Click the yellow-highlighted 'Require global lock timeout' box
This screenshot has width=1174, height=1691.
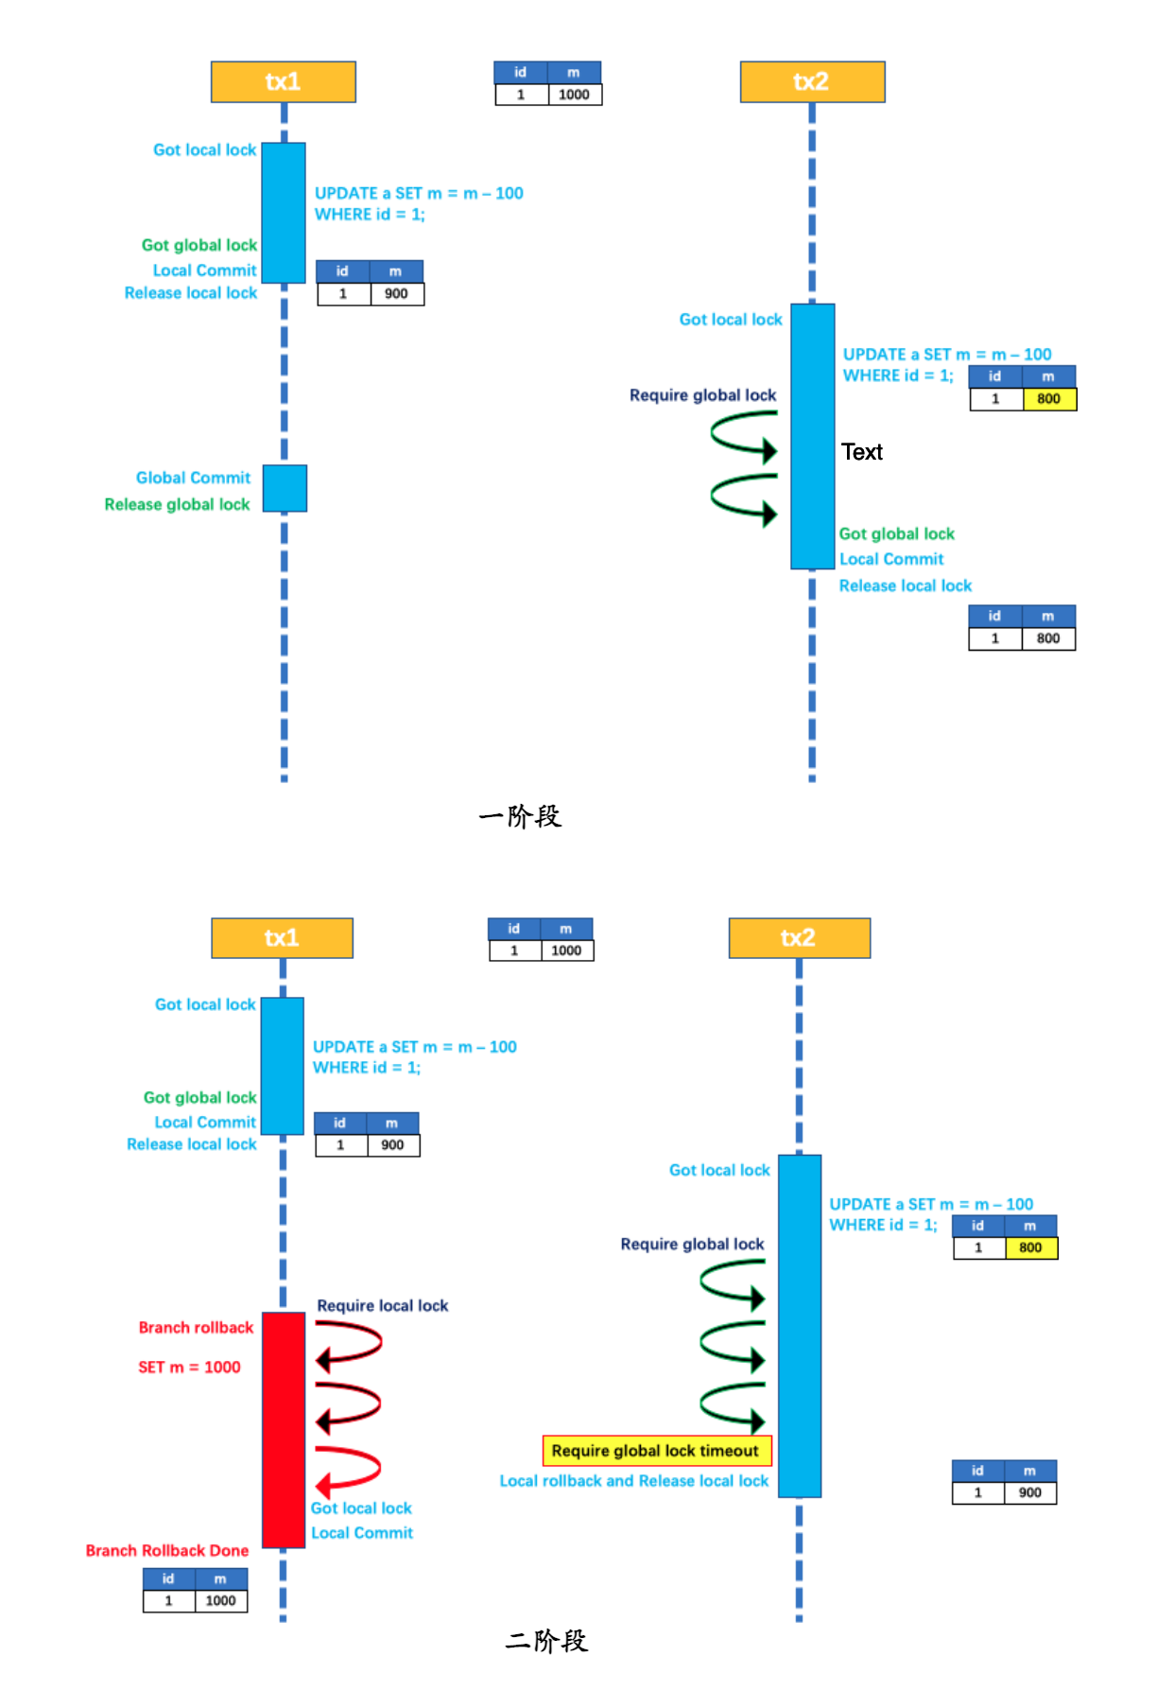tap(656, 1450)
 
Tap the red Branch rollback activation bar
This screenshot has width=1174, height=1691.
tap(283, 1429)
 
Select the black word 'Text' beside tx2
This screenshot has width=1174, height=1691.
tap(861, 452)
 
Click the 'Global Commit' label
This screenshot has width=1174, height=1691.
tap(193, 478)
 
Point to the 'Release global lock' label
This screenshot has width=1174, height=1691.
tap(177, 504)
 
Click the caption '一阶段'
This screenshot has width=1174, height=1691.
tap(520, 816)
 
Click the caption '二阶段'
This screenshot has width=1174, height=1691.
tap(546, 1640)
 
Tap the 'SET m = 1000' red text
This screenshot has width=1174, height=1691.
tap(189, 1367)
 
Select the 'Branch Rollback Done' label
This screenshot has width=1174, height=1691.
tap(167, 1550)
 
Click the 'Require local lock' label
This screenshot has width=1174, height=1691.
tap(382, 1305)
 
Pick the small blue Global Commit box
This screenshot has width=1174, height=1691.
tap(285, 488)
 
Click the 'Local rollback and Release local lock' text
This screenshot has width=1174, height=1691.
tap(633, 1480)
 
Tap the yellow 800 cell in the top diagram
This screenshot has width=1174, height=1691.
tap(1048, 399)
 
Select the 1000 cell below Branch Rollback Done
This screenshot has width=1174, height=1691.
tap(220, 1600)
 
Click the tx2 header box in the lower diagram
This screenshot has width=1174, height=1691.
tap(799, 937)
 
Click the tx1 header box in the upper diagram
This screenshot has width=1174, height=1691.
tap(283, 81)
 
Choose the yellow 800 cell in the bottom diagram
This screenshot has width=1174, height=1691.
tap(1030, 1247)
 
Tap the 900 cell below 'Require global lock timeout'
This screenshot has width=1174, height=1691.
tap(1029, 1492)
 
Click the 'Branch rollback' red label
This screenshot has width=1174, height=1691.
tap(196, 1327)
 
